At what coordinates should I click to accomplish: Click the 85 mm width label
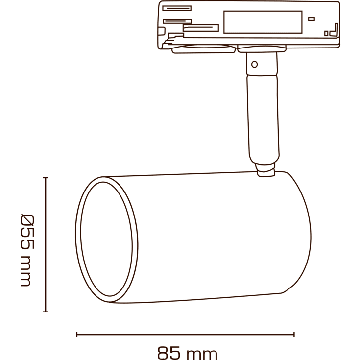(x=187, y=352)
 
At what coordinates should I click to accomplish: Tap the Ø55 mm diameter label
(x=26, y=250)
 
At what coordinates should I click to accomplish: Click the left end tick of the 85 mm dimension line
(x=77, y=335)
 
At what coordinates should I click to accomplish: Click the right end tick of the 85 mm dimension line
(x=294, y=335)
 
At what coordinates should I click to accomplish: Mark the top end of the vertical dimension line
(x=46, y=178)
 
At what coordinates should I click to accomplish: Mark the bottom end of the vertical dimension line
(x=46, y=312)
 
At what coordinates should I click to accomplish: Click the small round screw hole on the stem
(x=254, y=64)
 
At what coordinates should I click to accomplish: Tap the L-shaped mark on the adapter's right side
(x=334, y=30)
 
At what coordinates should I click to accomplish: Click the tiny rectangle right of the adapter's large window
(x=311, y=19)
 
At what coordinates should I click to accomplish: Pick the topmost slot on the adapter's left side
(x=176, y=8)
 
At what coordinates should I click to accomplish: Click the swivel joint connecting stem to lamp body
(x=265, y=170)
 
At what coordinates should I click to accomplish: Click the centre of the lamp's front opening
(x=106, y=240)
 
